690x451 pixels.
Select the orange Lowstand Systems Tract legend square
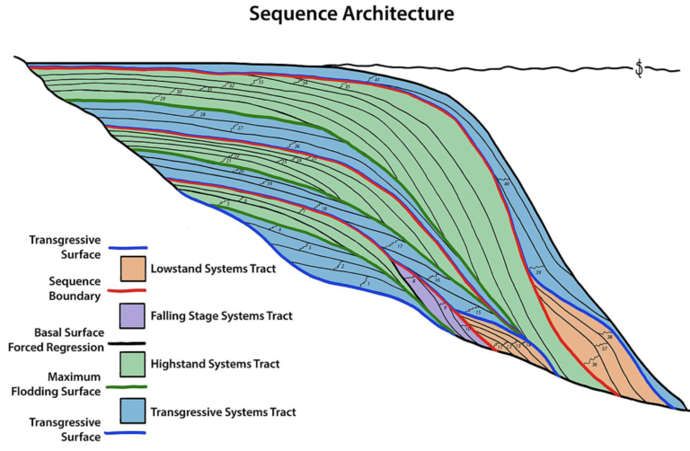(134, 267)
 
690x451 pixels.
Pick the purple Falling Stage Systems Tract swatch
(134, 315)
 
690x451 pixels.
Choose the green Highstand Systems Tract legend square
(134, 363)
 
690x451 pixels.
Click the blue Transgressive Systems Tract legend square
(134, 411)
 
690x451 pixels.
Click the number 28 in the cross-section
(203, 115)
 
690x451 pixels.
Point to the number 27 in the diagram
(240, 128)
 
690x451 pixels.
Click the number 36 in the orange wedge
(595, 363)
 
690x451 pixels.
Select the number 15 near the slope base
(479, 312)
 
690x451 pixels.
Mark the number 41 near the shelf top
(377, 81)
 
